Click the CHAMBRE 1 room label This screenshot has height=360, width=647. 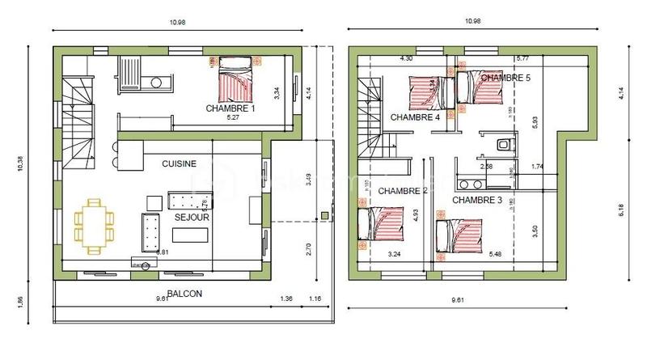230,108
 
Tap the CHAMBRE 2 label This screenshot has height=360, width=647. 403,191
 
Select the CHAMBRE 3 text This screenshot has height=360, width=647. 477,200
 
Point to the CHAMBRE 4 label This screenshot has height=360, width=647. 415,117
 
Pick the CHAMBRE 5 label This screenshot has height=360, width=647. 505,78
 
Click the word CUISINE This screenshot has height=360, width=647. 179,163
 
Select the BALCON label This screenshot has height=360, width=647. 184,294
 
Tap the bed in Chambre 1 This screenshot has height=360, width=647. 235,80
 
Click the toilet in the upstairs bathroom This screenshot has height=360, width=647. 503,145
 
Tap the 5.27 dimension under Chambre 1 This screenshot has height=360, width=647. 232,118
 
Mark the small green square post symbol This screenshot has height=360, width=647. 324,215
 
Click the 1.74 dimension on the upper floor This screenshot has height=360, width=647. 536,167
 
